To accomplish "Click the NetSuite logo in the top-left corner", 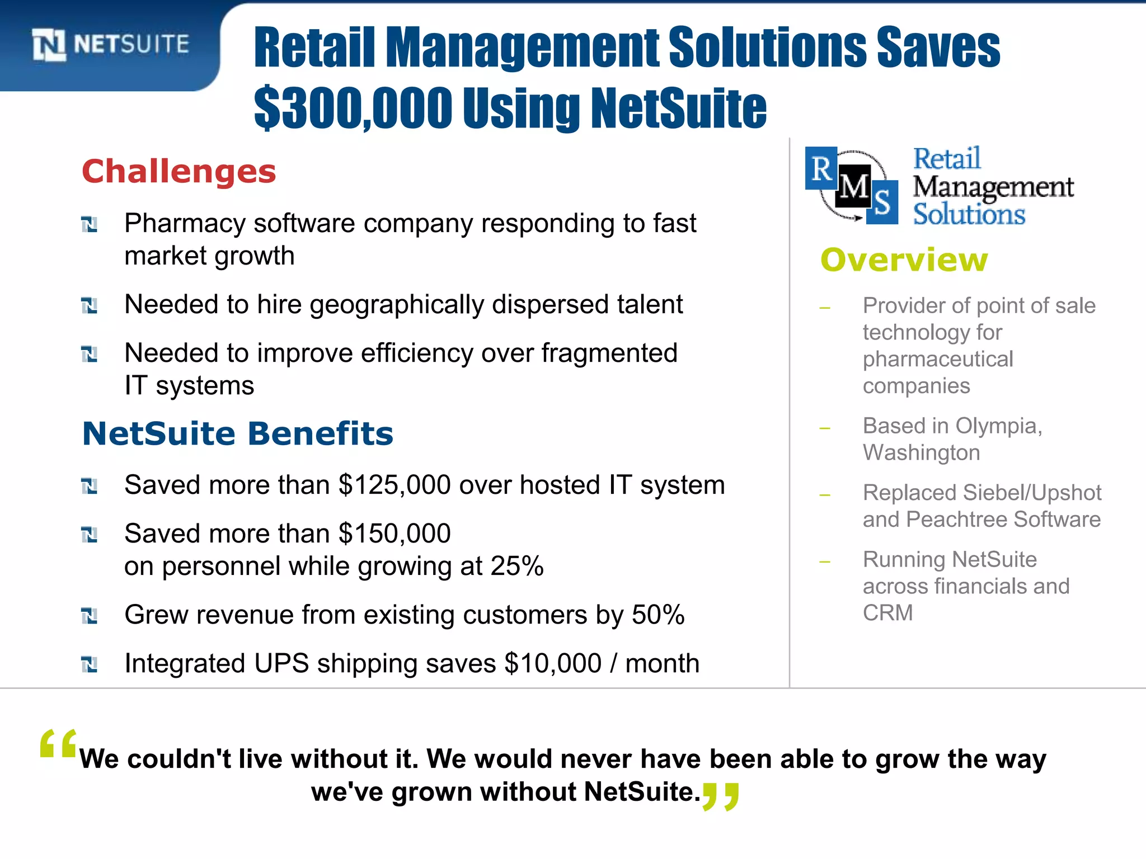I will point(110,44).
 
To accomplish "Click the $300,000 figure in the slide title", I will point(353,107).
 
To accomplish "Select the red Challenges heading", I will point(179,171).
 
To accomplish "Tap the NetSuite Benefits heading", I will point(238,433).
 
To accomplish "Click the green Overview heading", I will point(904,259).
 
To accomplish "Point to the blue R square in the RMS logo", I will point(821,168).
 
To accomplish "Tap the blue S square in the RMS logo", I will point(882,202).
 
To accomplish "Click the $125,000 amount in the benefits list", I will point(394,485).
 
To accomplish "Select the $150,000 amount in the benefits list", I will point(394,534).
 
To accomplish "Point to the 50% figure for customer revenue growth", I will point(658,615).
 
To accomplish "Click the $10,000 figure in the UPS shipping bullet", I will point(553,663).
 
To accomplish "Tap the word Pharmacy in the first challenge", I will point(185,224).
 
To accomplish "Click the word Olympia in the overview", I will point(997,426).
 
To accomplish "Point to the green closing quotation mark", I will point(721,796).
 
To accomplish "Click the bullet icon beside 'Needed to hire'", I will point(90,305).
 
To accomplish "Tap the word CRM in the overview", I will point(887,613).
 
